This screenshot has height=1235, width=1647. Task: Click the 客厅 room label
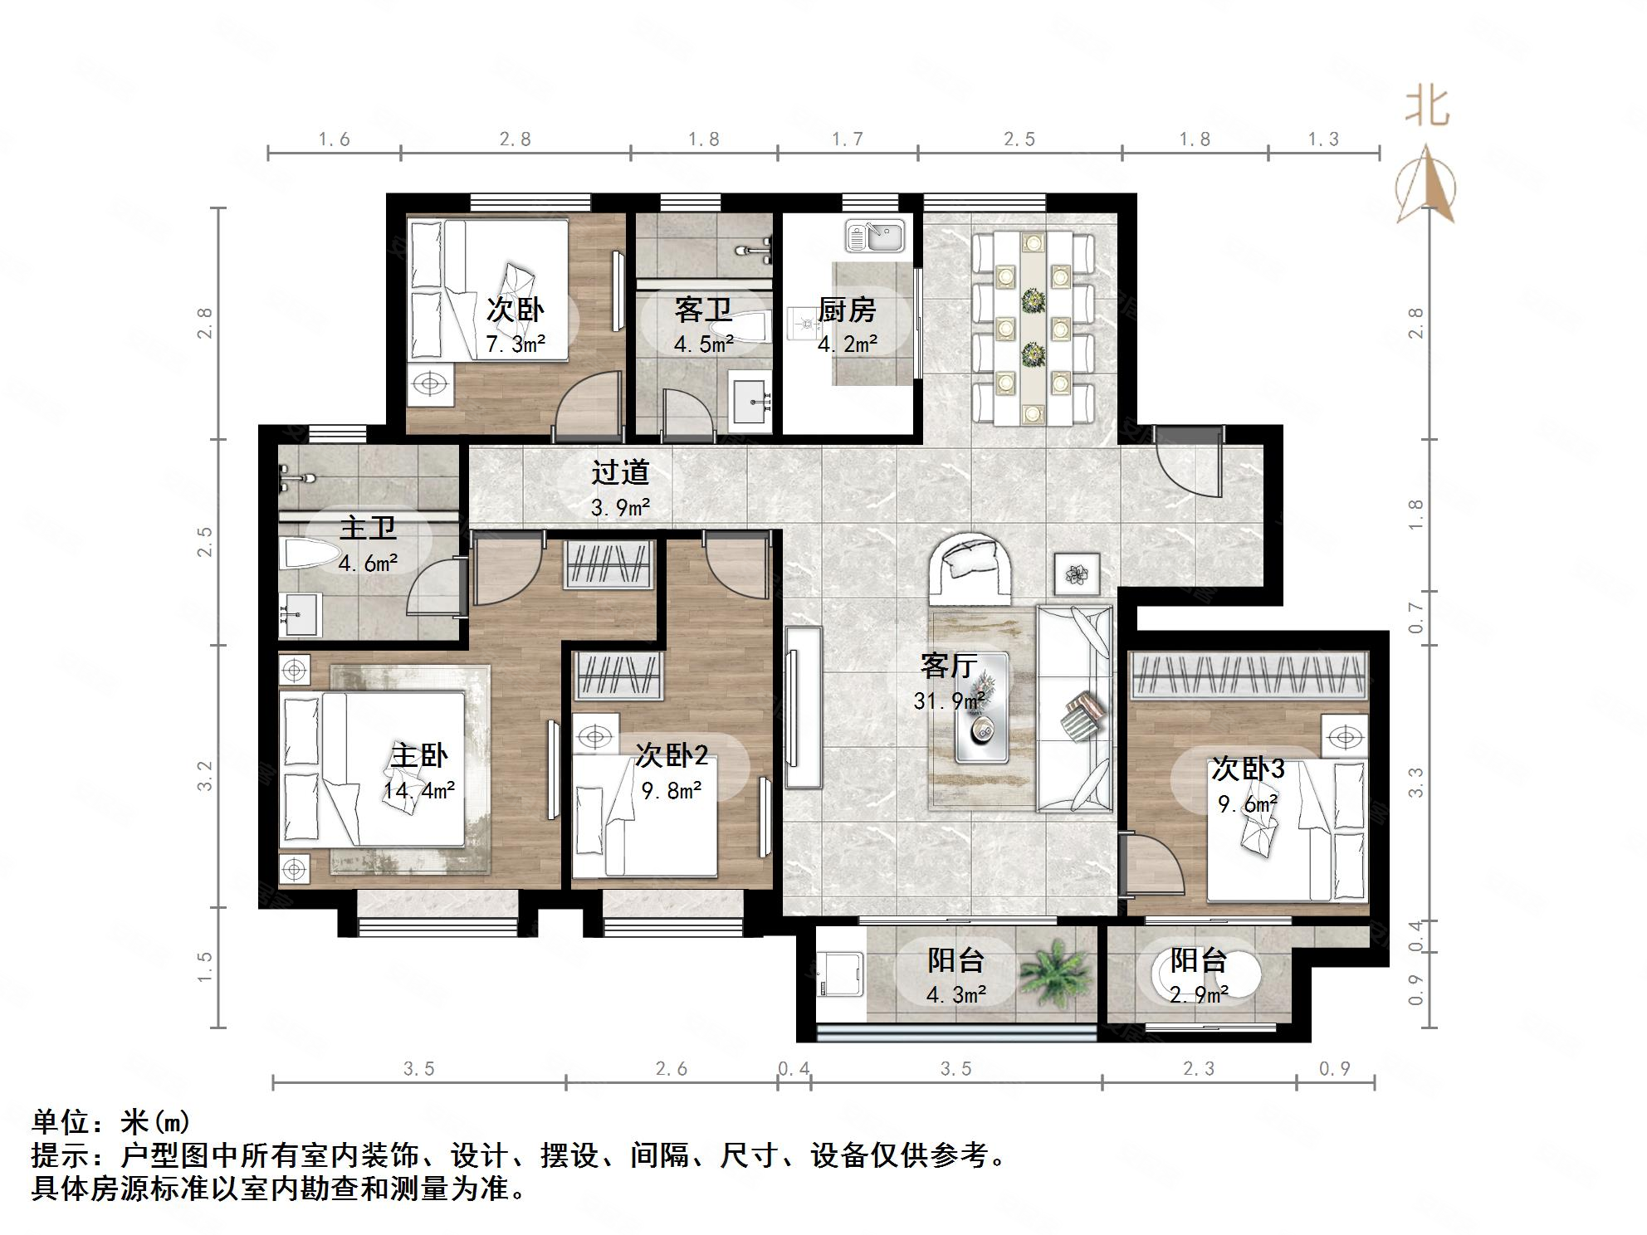click(x=948, y=666)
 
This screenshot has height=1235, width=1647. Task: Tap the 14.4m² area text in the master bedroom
click(x=418, y=790)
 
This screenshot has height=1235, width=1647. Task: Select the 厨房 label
click(x=847, y=310)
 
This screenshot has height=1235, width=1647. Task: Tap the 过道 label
click(x=620, y=473)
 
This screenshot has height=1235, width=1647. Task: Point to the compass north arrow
click(x=1427, y=184)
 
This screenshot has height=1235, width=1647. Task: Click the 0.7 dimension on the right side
click(x=1416, y=618)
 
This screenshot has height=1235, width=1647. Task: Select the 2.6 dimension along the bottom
click(x=671, y=1069)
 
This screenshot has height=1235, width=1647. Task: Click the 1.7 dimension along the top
click(x=848, y=139)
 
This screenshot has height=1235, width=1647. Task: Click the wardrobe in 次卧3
click(x=1249, y=675)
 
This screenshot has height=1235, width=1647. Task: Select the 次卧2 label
click(x=671, y=755)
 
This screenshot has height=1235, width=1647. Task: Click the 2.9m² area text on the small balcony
click(x=1199, y=993)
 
